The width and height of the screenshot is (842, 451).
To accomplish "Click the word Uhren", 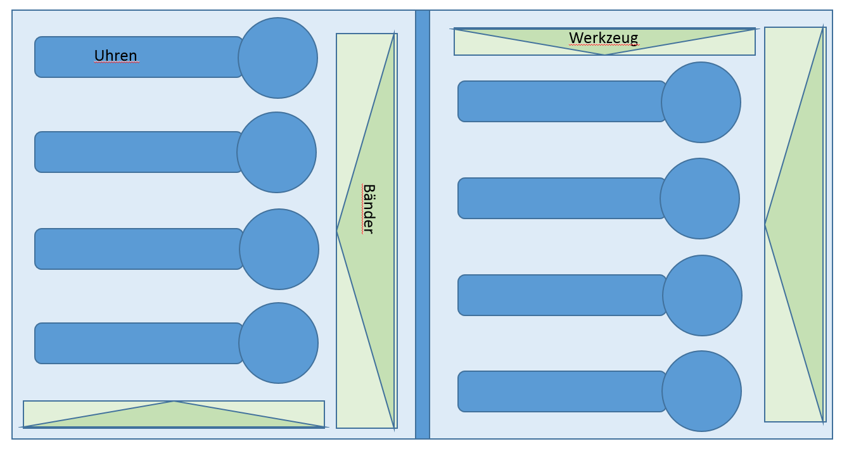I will [x=115, y=56].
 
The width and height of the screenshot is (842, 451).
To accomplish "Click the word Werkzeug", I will [x=603, y=38].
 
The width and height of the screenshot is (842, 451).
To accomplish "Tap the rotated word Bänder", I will [x=368, y=209].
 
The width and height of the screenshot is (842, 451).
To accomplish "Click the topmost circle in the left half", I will [x=277, y=58].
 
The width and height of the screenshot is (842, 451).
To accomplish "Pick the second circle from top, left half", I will [x=276, y=152].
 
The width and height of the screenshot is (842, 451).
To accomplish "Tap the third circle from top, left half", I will [x=279, y=249].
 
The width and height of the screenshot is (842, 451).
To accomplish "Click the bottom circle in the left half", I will [x=278, y=343].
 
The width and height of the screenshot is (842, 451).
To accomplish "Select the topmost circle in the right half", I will [x=701, y=102].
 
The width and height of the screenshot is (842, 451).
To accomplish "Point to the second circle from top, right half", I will [x=699, y=198].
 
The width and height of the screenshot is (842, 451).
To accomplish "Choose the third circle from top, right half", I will [x=702, y=295].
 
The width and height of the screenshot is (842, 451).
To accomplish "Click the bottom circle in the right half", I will [x=701, y=391].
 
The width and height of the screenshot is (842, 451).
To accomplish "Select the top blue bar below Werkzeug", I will [x=561, y=101].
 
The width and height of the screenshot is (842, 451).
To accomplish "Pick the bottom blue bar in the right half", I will [x=561, y=391].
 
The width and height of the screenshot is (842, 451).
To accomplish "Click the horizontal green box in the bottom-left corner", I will [x=174, y=415].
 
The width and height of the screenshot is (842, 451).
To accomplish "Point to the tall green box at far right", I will [x=794, y=224].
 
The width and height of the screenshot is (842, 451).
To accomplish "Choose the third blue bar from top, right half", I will [x=561, y=295].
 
